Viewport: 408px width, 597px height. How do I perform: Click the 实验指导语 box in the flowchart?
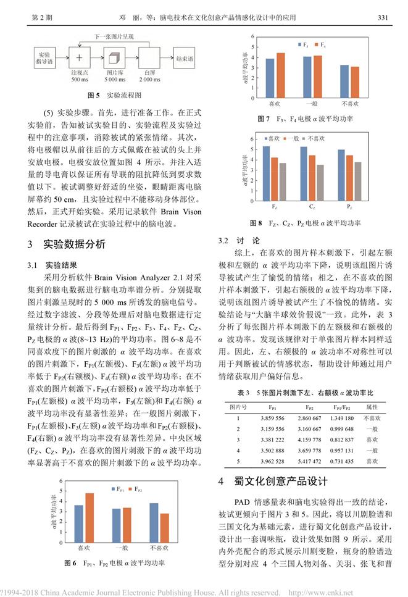tap(44, 59)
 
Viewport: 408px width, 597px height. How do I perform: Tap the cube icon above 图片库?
tap(112, 59)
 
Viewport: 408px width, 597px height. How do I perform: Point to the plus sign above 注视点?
tap(78, 59)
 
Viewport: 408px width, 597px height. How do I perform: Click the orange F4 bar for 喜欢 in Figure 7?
tap(281, 75)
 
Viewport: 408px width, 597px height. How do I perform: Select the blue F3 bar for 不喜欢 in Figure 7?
tap(344, 80)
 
